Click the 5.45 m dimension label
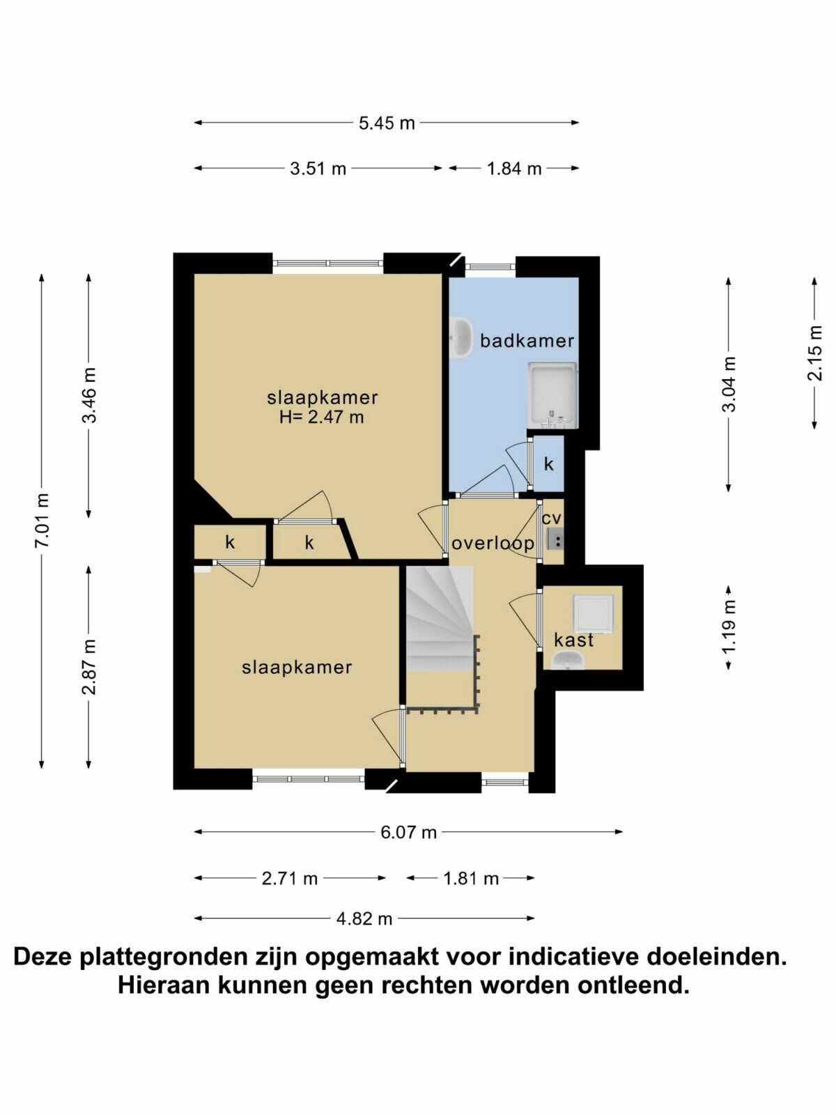(x=386, y=123)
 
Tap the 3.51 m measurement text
(x=318, y=168)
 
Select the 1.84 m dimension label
(x=513, y=168)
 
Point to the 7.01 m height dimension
(x=42, y=520)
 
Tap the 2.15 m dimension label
(x=814, y=353)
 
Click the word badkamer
(x=527, y=340)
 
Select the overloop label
(x=493, y=544)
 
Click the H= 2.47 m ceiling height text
(x=321, y=417)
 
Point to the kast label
(x=573, y=640)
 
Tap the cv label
(x=551, y=518)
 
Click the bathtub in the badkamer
(x=552, y=395)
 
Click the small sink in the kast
(x=568, y=661)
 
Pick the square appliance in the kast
(x=593, y=614)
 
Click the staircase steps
(x=440, y=618)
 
